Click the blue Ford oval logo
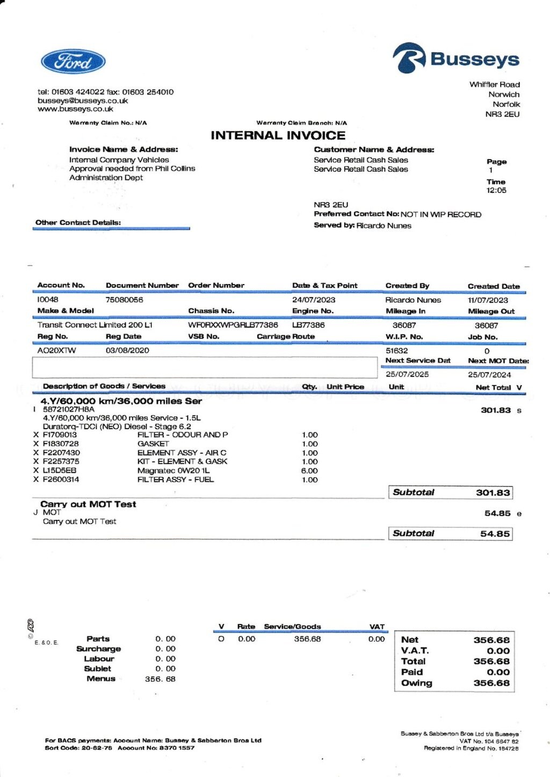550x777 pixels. coord(73,62)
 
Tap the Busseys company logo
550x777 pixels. coord(456,59)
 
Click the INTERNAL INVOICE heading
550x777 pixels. coord(278,135)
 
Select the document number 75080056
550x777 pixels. coord(124,300)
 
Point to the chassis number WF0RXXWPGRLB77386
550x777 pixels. coord(233,325)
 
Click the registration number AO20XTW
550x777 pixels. coord(56,350)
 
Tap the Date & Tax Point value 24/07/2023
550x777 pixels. coord(313,300)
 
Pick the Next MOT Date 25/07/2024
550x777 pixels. coord(489,374)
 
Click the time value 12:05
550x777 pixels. coord(496,190)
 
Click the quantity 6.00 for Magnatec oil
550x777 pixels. coord(309,470)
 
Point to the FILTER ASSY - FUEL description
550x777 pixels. coord(175,480)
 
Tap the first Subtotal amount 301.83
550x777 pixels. coord(493,492)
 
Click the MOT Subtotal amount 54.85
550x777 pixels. coord(495,534)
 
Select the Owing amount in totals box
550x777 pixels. coord(491,683)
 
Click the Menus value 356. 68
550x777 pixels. coord(160,679)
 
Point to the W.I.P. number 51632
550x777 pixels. coord(396,350)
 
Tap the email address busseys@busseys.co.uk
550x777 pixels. coord(83,100)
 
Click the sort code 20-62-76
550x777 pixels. coord(97,748)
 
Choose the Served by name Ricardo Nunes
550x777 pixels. coord(383,226)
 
